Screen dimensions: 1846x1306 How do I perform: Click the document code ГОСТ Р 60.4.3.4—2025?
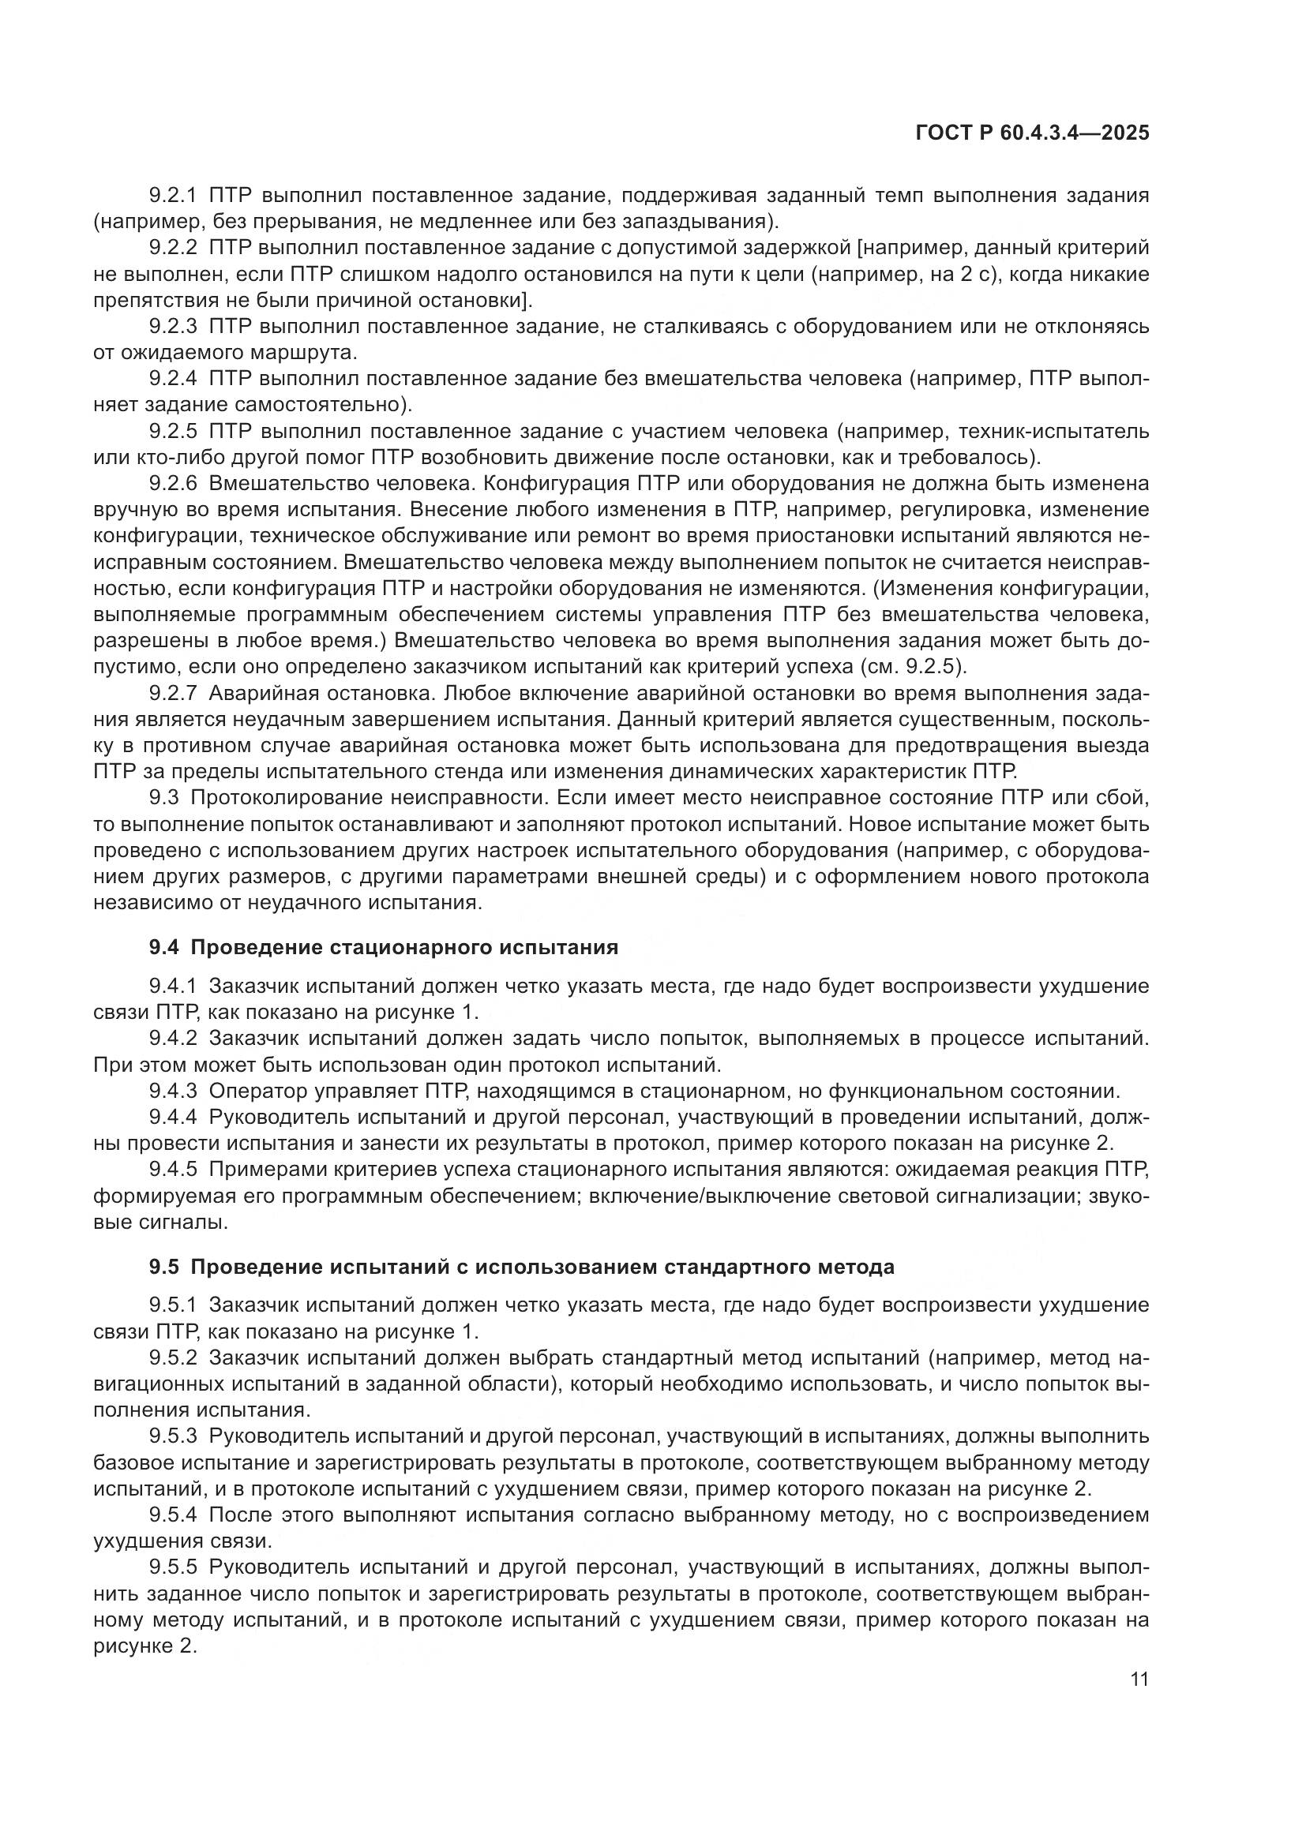[x=1032, y=133]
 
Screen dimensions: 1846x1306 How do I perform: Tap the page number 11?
[x=1139, y=1680]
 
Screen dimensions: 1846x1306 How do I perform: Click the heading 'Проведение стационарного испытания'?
[x=404, y=947]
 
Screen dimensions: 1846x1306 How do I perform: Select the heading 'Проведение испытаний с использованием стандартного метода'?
[x=542, y=1267]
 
